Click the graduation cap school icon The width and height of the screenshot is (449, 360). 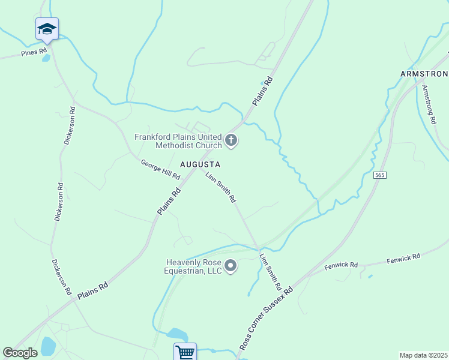tap(47, 29)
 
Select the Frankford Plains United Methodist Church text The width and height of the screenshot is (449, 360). tap(178, 141)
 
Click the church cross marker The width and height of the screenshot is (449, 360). tap(231, 142)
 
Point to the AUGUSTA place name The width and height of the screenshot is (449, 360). tap(200, 164)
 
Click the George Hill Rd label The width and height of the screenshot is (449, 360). tap(160, 170)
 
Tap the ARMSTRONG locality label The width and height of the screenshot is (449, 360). tap(424, 74)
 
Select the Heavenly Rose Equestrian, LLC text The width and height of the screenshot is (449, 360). tap(194, 266)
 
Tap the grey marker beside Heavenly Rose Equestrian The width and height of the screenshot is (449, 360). tap(231, 266)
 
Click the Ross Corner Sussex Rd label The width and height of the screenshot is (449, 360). tap(266, 318)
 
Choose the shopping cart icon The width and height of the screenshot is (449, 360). tap(185, 352)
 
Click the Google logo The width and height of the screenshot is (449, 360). tap(20, 353)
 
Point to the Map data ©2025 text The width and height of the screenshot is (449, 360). tap(424, 355)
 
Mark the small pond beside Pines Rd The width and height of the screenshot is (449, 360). tap(46, 58)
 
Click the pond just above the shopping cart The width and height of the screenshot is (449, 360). tap(177, 334)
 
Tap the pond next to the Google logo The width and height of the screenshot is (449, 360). tap(47, 346)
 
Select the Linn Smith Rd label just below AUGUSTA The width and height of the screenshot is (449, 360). tap(220, 187)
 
